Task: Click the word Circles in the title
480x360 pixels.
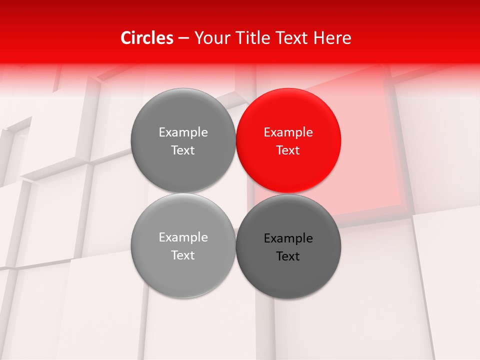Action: point(146,38)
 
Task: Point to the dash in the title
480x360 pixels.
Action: point(183,38)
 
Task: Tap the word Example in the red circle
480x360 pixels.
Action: point(288,132)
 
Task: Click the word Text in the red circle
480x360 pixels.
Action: point(288,150)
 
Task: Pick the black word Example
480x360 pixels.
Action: point(288,238)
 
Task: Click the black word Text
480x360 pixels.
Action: point(288,256)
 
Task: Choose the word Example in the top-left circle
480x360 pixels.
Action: point(183,132)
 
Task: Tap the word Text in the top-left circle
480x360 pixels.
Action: point(183,150)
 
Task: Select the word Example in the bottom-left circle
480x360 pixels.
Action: point(183,237)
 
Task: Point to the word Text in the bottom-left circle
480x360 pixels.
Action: point(183,255)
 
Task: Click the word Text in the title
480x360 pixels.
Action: point(292,38)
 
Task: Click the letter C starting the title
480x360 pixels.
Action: point(126,38)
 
